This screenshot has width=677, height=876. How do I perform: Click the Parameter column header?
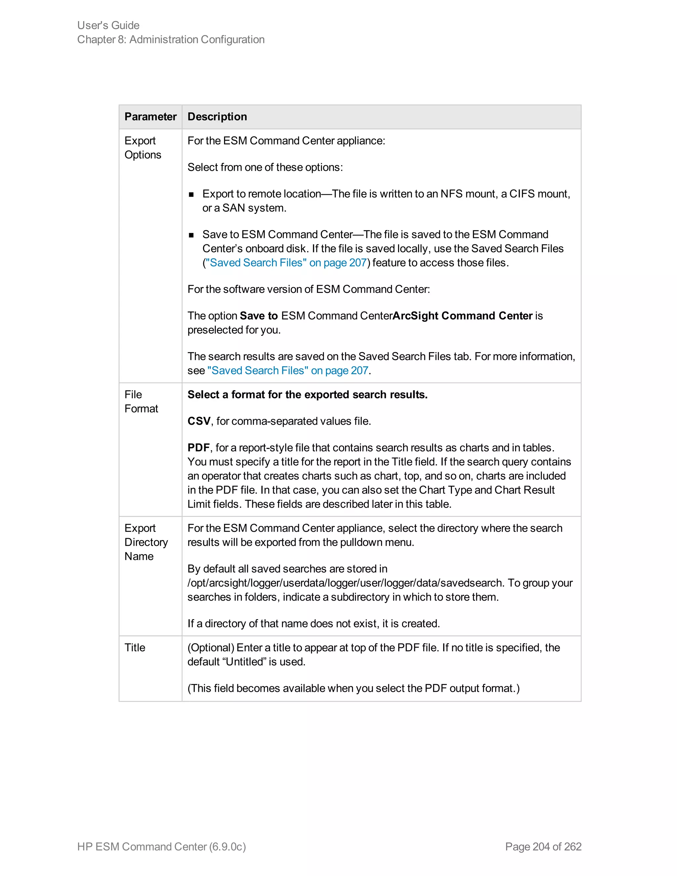click(150, 117)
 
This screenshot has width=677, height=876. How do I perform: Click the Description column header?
click(217, 117)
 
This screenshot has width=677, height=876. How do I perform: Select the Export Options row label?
click(143, 148)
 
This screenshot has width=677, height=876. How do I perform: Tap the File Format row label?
click(141, 402)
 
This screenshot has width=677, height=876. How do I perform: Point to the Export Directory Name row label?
click(146, 542)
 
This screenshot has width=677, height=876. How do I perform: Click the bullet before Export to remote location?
click(191, 194)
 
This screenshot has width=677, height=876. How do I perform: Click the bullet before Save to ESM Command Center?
click(191, 235)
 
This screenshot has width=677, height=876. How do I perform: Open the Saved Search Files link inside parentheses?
click(286, 263)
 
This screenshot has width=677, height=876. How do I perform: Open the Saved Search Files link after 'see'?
click(288, 371)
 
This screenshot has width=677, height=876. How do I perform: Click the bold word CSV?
click(199, 421)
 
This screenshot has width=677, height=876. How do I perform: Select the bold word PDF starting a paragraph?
click(199, 448)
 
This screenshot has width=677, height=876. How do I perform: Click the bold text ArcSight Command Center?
click(462, 316)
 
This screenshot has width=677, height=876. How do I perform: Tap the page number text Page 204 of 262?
click(543, 846)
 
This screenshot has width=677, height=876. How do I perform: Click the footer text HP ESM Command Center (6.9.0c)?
click(162, 846)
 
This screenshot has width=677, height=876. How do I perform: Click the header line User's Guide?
click(108, 25)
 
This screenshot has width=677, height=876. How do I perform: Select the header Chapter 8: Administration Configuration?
click(171, 40)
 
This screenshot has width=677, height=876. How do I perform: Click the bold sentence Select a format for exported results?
click(307, 395)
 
